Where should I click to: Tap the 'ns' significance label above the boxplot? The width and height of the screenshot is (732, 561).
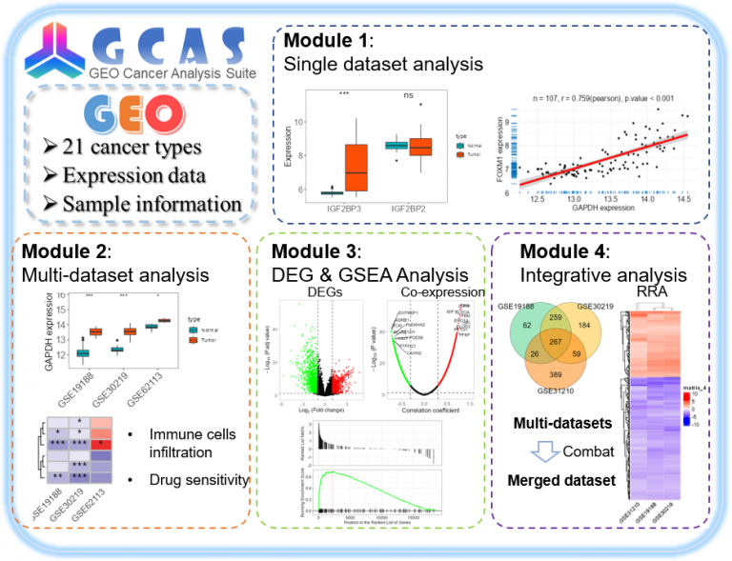coord(407,95)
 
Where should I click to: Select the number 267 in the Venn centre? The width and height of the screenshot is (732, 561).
coord(559,343)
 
